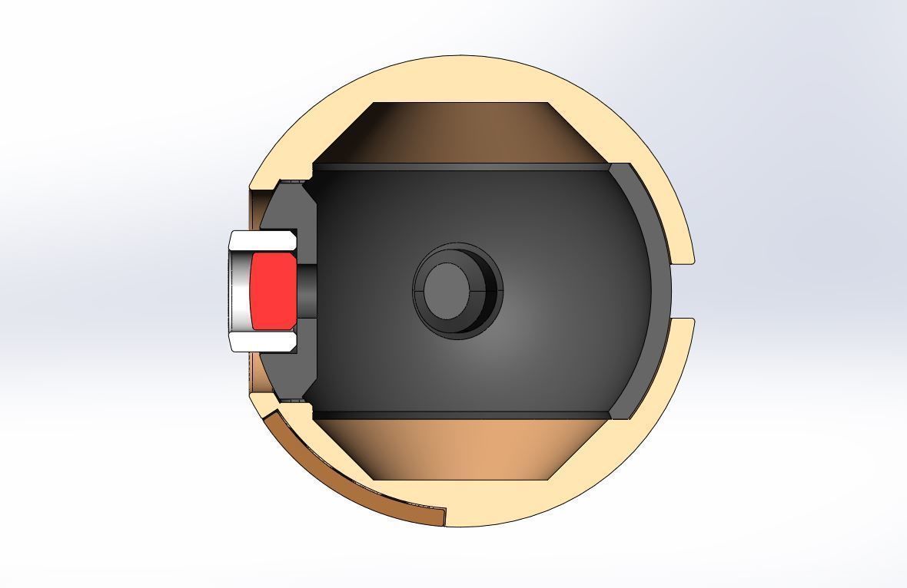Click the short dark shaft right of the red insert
[306, 290]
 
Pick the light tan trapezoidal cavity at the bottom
[461, 450]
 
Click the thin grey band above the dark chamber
[461, 167]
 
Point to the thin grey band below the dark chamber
[461, 415]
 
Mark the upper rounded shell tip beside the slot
[686, 253]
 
